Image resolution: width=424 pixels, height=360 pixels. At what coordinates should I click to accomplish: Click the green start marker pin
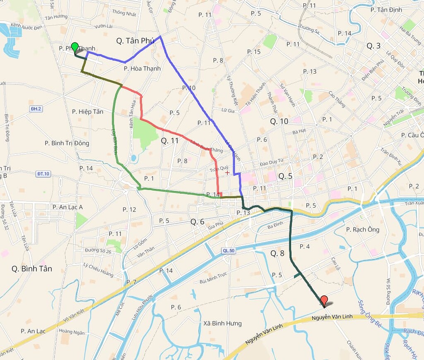75,47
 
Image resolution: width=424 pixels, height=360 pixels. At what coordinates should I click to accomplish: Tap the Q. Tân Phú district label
135,41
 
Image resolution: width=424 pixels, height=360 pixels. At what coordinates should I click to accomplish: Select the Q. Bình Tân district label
32,269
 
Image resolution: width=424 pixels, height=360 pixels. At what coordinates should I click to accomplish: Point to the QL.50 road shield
228,250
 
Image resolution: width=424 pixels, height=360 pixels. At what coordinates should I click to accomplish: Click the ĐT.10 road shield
43,174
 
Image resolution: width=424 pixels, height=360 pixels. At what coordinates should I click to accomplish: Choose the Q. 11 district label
170,141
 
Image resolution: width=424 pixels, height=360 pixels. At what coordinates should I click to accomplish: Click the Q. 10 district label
279,121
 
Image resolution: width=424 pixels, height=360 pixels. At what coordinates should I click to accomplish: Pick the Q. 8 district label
277,253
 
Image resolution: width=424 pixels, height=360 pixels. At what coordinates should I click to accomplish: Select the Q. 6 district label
198,222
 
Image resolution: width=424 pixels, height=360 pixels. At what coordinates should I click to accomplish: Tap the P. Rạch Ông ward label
363,230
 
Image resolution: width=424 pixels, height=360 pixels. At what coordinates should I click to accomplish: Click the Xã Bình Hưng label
223,323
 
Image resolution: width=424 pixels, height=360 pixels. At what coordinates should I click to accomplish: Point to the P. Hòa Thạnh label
142,68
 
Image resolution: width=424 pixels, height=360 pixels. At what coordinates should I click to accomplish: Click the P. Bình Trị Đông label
67,143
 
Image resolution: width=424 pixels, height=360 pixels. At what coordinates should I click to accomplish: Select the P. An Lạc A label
67,207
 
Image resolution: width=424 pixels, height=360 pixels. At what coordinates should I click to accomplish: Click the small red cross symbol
227,172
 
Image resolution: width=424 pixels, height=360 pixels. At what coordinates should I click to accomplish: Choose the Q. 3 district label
373,46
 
